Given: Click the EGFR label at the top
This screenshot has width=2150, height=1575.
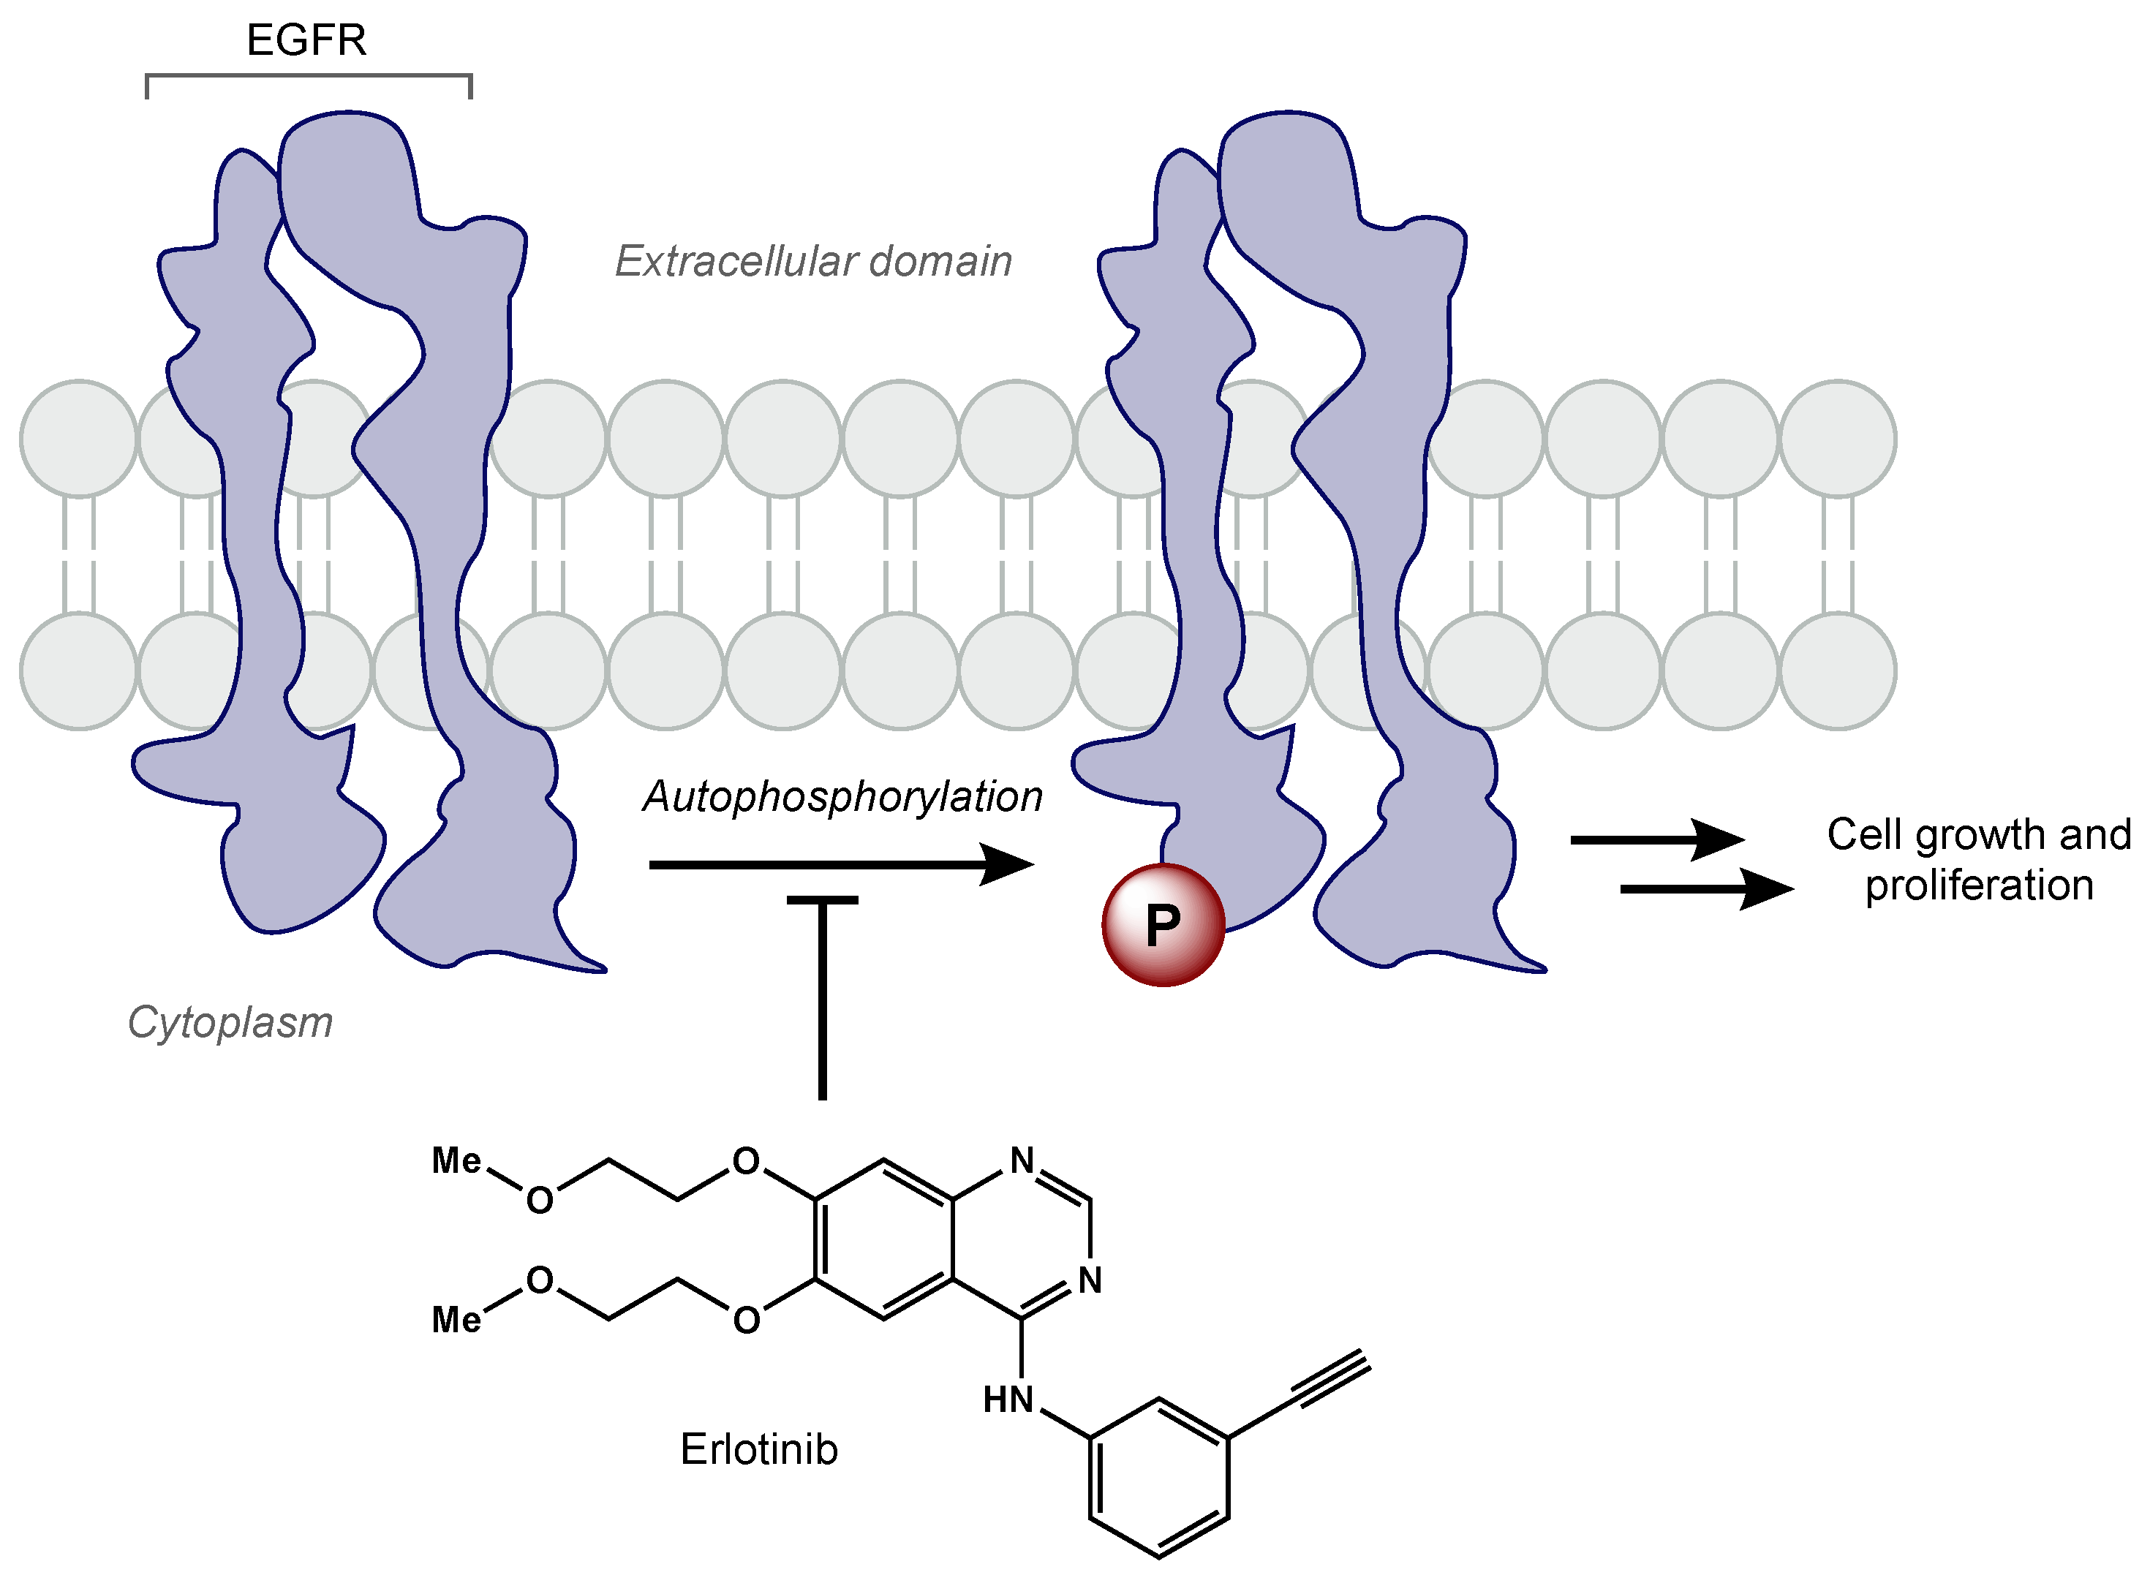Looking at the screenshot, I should click(x=306, y=40).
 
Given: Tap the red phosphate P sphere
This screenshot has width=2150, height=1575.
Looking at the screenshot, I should click(x=1162, y=924).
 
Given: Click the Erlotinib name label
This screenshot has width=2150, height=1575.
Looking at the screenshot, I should click(x=759, y=1449).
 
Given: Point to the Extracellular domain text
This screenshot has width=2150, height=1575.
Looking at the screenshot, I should click(x=813, y=261).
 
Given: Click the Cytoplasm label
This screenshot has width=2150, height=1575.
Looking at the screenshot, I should click(x=230, y=1022).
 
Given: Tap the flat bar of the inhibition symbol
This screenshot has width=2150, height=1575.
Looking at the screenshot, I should click(x=822, y=900).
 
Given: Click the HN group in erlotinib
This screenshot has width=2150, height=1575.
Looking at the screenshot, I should click(x=1008, y=1400).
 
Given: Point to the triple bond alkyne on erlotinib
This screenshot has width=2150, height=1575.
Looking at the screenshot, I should click(x=1333, y=1378).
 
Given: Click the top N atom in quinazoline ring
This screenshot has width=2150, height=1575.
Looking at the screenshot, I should click(x=1022, y=1160).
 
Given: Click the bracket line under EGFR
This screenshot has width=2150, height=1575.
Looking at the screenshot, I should click(x=308, y=75).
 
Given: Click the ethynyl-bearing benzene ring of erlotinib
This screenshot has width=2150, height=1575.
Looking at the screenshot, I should click(x=1158, y=1477).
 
